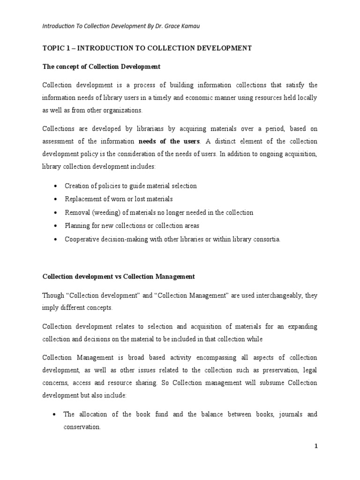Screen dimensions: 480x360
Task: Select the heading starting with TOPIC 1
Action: [x=147, y=48]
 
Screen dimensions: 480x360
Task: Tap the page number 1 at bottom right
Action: [x=316, y=446]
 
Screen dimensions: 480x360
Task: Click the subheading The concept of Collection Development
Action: [x=101, y=67]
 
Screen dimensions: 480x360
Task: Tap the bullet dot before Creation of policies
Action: [x=56, y=186]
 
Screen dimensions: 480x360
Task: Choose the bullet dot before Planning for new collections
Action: [x=56, y=226]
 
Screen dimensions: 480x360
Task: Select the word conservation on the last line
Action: [x=82, y=427]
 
